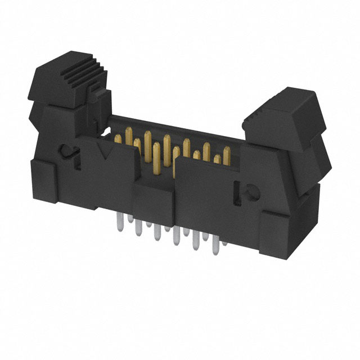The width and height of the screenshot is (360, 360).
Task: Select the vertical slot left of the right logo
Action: coord(231,191)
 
